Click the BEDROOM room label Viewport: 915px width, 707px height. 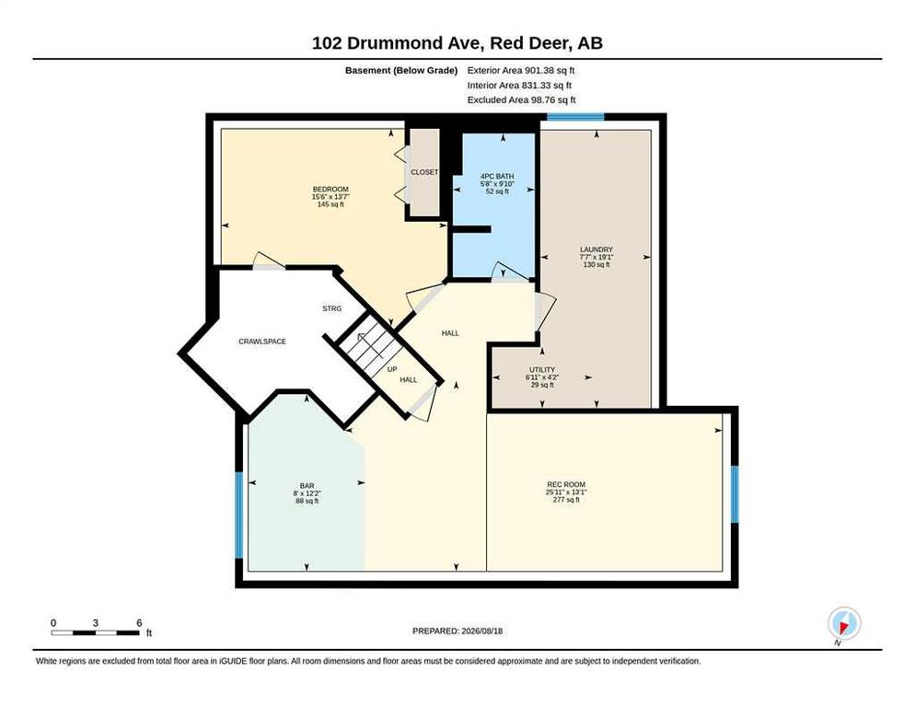coord(330,189)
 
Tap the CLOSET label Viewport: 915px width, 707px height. coord(424,172)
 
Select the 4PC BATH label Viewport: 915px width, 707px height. coord(497,177)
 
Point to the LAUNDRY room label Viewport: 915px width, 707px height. coord(596,249)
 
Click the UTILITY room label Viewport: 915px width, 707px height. coord(542,369)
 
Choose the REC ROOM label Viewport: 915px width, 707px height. coord(566,484)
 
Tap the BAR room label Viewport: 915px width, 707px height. coord(307,486)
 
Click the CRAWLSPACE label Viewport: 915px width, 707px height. coord(262,342)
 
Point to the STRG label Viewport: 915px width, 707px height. coord(332,308)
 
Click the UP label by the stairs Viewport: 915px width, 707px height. coord(392,369)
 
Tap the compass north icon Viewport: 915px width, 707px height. coord(844,623)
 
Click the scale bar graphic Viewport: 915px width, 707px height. coord(96,632)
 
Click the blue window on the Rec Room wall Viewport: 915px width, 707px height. coord(735,494)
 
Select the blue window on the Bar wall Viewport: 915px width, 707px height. coord(238,515)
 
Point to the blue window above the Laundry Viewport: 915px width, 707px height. coord(575,117)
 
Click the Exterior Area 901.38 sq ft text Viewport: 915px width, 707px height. coord(521,70)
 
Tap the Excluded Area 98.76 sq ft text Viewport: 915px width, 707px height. coord(522,99)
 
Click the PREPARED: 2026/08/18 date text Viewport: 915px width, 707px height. coord(457,632)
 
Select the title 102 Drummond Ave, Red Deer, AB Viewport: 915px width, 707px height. coord(457,43)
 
